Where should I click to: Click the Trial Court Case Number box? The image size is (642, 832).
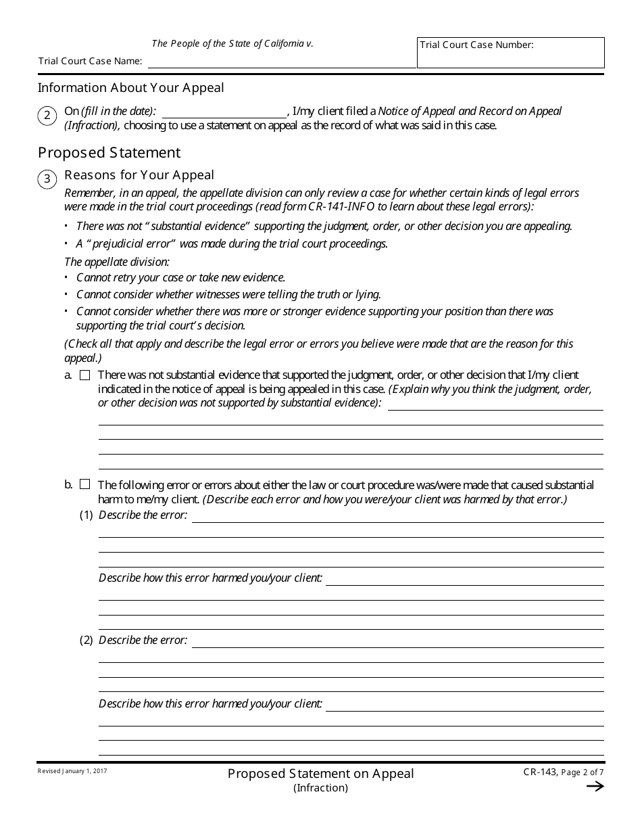pyautogui.click(x=510, y=53)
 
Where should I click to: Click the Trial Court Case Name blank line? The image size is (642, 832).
pyautogui.click(x=282, y=62)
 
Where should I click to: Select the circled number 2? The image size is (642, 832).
pyautogui.click(x=47, y=116)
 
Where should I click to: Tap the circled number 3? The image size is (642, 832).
pyautogui.click(x=47, y=179)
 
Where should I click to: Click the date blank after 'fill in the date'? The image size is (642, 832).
pyautogui.click(x=224, y=112)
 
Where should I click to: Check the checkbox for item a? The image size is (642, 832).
pyautogui.click(x=84, y=375)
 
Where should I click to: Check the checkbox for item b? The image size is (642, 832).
pyautogui.click(x=84, y=484)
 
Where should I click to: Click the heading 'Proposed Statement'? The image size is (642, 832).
pyautogui.click(x=109, y=152)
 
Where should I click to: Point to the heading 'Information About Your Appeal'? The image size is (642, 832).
pyautogui.click(x=130, y=88)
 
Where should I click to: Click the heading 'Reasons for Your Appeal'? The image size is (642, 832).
pyautogui.click(x=139, y=175)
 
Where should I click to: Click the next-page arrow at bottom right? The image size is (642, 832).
pyautogui.click(x=595, y=786)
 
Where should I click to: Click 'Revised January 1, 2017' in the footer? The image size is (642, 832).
pyautogui.click(x=72, y=771)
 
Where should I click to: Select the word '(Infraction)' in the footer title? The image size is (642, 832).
pyautogui.click(x=320, y=787)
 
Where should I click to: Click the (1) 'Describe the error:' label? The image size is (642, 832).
pyautogui.click(x=143, y=515)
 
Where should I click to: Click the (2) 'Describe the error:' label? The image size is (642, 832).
pyautogui.click(x=143, y=640)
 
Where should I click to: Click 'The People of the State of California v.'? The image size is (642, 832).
pyautogui.click(x=232, y=43)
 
